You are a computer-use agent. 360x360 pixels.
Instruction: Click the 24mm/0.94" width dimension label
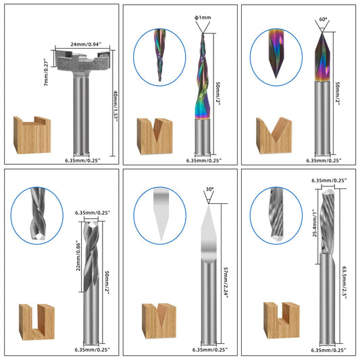86,44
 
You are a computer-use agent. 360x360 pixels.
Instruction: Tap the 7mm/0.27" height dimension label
47,72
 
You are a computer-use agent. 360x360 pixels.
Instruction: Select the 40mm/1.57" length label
115,105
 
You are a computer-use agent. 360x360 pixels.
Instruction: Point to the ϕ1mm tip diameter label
203,18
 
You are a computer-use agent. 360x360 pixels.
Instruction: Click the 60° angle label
323,20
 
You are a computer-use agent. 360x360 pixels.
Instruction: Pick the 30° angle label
209,189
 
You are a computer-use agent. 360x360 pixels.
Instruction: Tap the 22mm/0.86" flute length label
78,256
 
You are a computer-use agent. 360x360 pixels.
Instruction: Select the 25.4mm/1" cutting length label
315,223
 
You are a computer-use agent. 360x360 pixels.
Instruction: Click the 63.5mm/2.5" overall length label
344,282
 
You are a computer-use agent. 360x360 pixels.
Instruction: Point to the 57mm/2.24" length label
226,282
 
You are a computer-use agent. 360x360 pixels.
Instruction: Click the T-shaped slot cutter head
82,60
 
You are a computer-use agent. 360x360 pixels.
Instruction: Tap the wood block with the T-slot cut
32,135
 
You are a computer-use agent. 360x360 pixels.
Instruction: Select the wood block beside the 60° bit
274,136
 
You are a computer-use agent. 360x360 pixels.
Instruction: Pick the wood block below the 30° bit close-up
159,321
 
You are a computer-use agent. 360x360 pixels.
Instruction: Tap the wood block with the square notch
282,320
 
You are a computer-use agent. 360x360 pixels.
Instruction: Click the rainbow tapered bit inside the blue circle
160,55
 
